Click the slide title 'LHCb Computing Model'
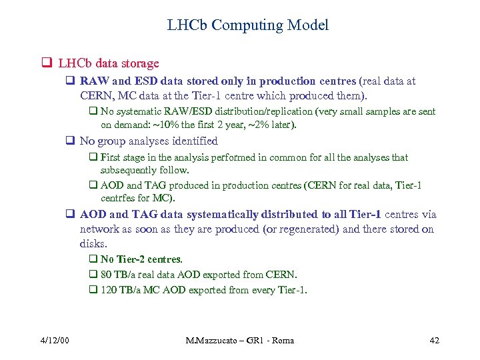coord(247,25)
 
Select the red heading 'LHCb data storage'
coord(109,63)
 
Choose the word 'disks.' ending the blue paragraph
coord(94,244)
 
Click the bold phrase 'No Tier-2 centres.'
coord(141,259)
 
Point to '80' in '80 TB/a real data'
coord(106,275)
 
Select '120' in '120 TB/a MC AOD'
coord(109,290)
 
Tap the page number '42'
coord(434,341)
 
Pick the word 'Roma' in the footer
coord(280,341)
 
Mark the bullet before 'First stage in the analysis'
coord(93,158)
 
